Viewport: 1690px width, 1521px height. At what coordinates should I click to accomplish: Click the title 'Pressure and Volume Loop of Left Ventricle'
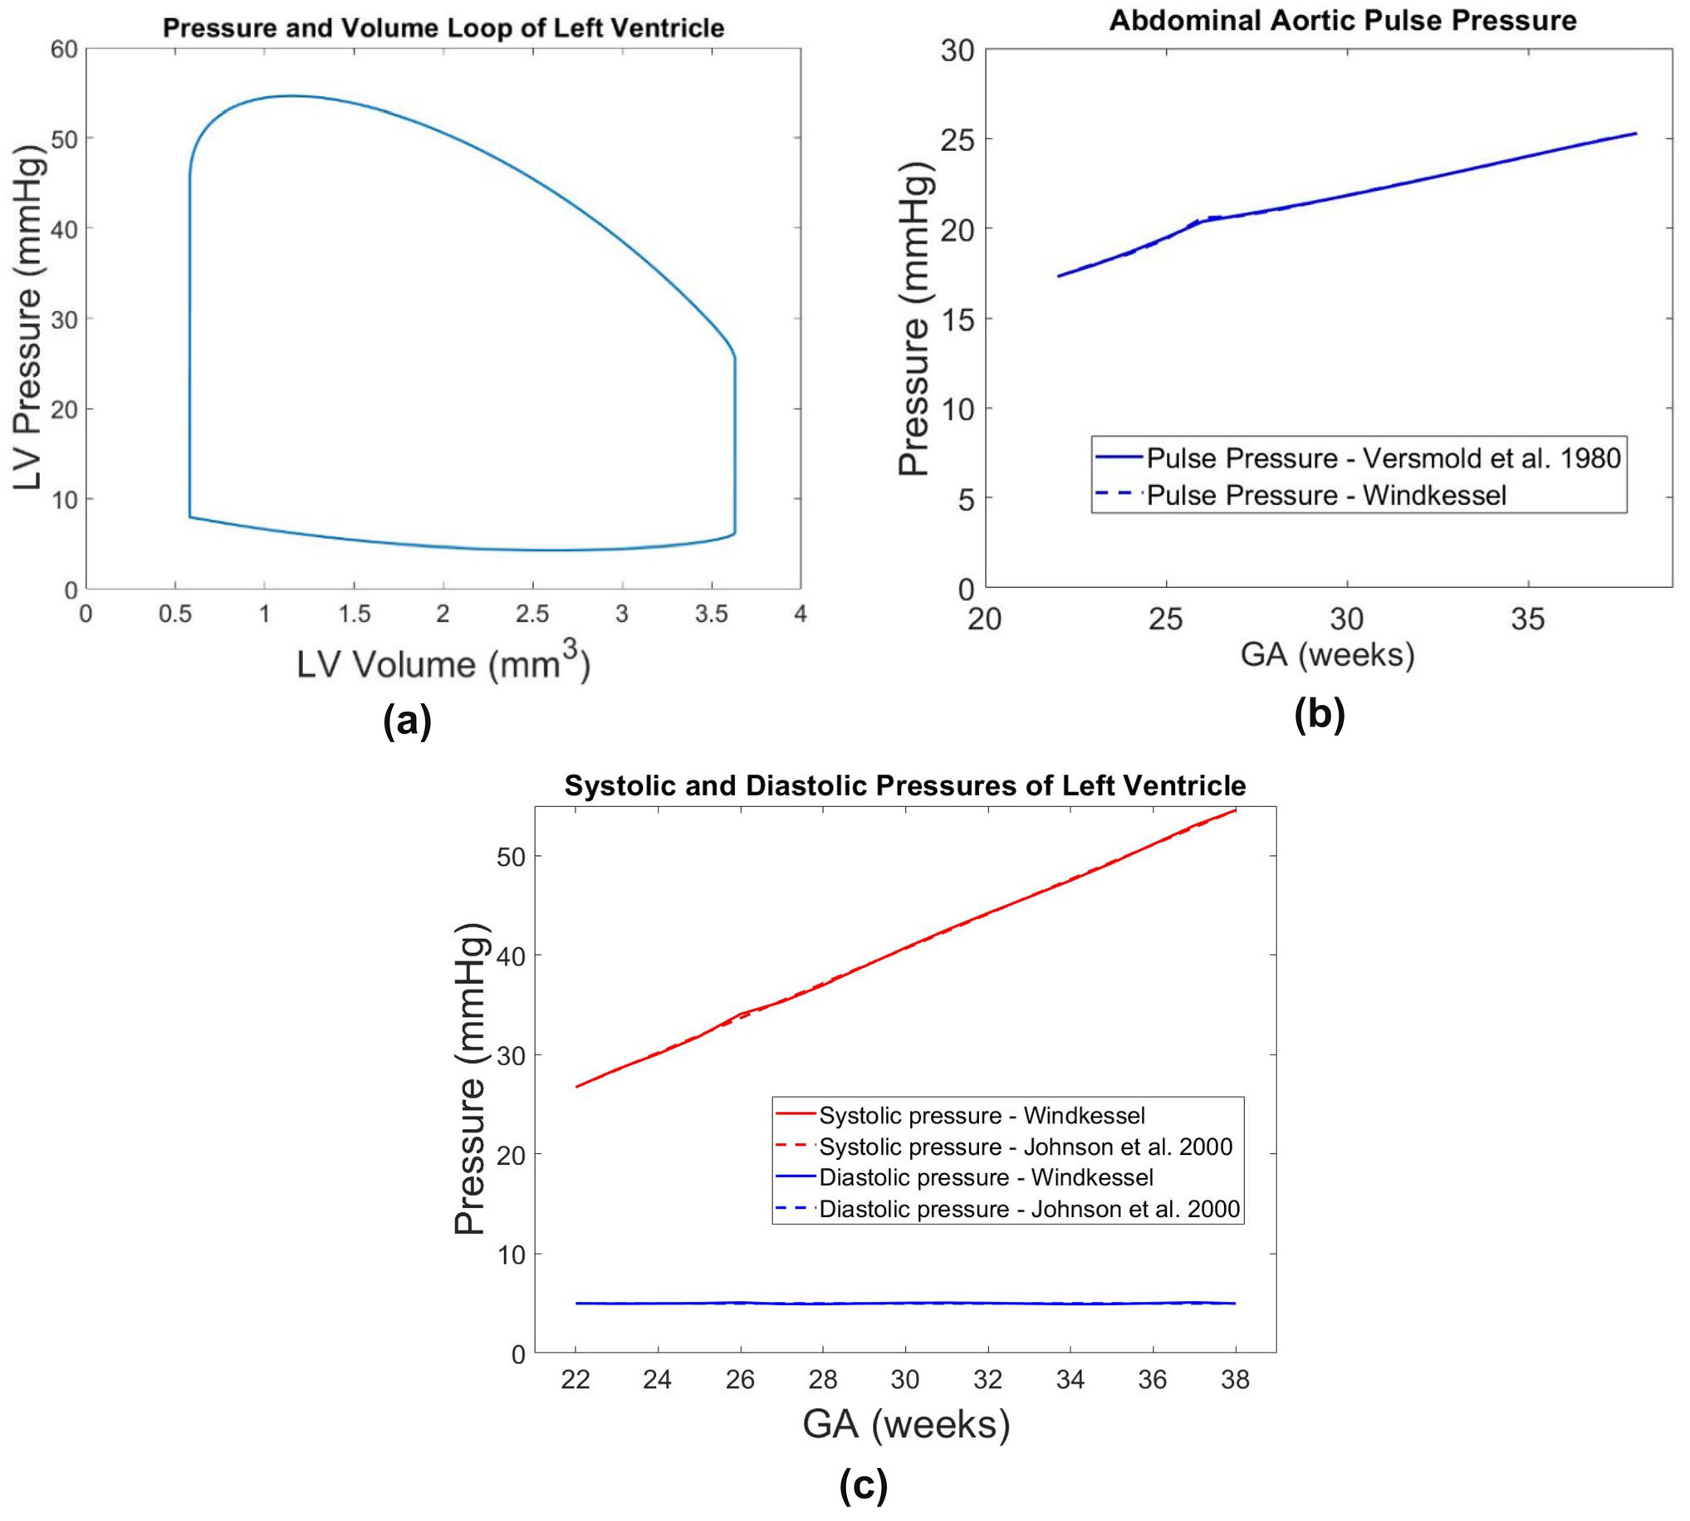(x=443, y=28)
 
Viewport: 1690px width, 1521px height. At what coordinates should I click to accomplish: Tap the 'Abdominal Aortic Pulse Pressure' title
(x=1342, y=20)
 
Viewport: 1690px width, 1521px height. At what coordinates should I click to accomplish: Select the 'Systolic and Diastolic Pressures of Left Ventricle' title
(x=905, y=785)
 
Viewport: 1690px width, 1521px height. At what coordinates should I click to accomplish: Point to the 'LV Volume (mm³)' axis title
(x=443, y=663)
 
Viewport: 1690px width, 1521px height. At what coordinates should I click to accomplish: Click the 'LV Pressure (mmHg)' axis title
(x=27, y=320)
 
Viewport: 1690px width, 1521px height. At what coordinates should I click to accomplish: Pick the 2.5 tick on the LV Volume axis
(x=532, y=614)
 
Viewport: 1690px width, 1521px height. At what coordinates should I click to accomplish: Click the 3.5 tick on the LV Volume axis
(x=711, y=614)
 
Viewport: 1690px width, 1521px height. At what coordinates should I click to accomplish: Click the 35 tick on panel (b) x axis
(x=1528, y=619)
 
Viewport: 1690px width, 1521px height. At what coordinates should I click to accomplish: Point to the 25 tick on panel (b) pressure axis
(x=958, y=139)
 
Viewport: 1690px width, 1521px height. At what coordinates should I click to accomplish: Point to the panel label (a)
(x=407, y=721)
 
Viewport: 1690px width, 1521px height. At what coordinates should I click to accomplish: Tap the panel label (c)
(x=864, y=1485)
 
